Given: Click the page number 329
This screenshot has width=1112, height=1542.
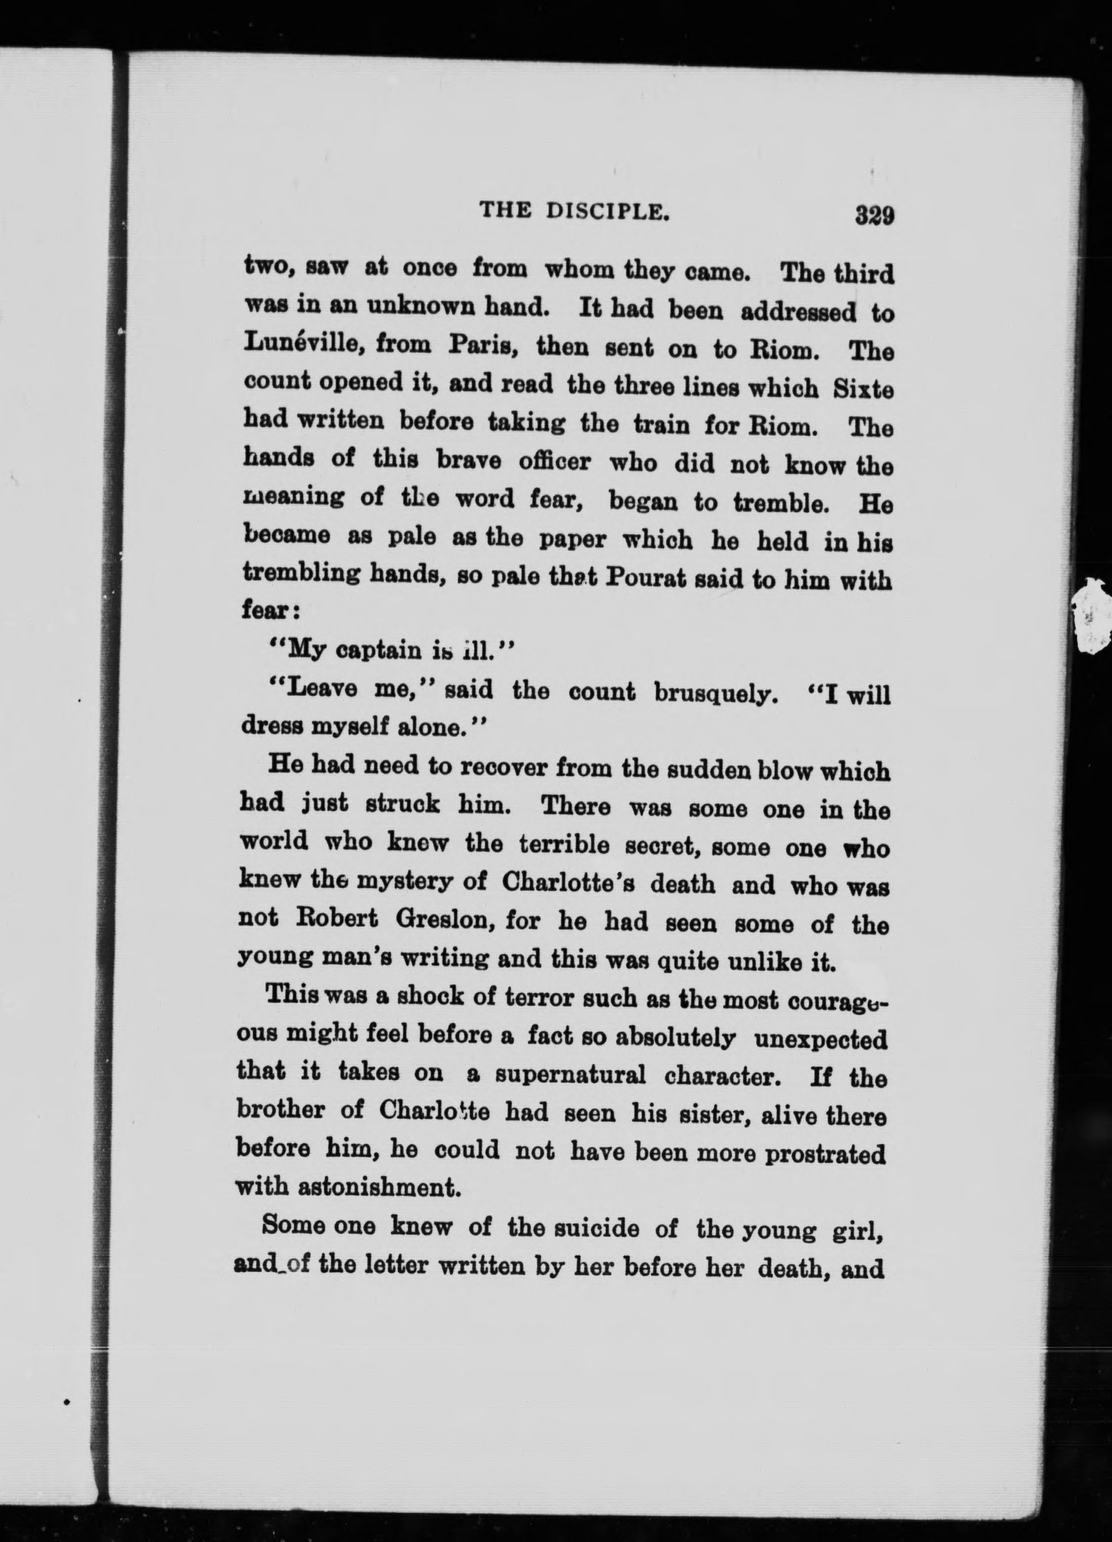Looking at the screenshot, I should [874, 216].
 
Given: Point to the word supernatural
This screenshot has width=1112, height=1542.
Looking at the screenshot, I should [570, 1075].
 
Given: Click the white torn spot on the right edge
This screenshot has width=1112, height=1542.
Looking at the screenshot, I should [1092, 615].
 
